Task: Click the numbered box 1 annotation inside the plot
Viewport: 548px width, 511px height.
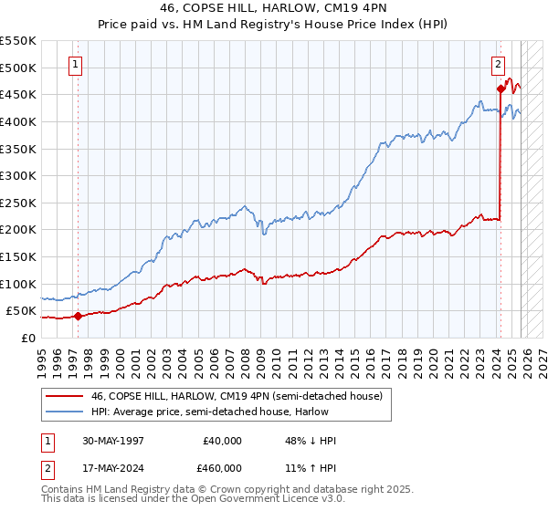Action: (x=74, y=64)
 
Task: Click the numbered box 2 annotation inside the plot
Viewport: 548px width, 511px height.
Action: (x=499, y=64)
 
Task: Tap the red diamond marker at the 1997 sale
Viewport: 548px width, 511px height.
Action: (x=78, y=317)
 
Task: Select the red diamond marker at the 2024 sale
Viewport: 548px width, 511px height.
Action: (x=501, y=89)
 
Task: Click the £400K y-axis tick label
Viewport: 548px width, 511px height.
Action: (x=18, y=121)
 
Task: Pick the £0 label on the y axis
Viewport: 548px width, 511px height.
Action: (x=29, y=338)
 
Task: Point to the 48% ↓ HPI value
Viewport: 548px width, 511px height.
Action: (x=311, y=441)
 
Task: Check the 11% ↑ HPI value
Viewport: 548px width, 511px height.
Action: (x=311, y=467)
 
